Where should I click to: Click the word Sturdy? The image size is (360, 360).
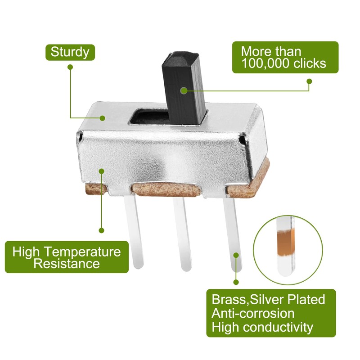(x=70, y=53)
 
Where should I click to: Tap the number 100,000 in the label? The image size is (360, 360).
(x=265, y=63)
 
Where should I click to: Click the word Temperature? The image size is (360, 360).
(x=82, y=252)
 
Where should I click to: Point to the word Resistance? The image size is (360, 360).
(x=67, y=263)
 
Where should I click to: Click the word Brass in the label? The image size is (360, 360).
(x=229, y=299)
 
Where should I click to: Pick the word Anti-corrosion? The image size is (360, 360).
(x=253, y=313)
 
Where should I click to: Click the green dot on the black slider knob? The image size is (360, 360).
(x=184, y=91)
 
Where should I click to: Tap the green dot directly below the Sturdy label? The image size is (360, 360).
(x=71, y=67)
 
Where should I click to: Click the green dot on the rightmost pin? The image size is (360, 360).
(x=236, y=255)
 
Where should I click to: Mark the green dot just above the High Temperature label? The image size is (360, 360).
(x=101, y=230)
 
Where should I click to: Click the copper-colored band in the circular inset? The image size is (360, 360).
(x=286, y=242)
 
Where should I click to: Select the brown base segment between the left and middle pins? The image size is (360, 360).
(x=166, y=189)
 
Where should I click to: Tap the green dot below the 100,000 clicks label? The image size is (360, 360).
(x=309, y=81)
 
